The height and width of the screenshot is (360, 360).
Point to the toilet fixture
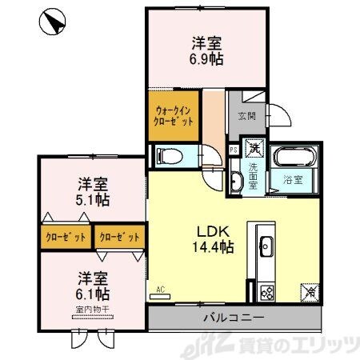tap(170, 154)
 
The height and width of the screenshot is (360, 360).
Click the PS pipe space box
tap(233, 149)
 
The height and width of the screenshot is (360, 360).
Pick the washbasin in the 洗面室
tap(236, 182)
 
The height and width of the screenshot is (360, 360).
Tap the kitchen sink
tap(266, 245)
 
